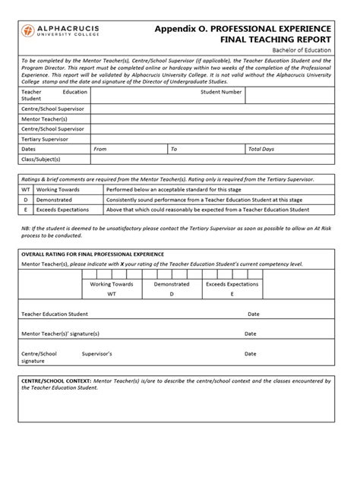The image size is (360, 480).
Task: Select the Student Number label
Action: pos(221,92)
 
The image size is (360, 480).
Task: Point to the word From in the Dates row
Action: pos(99,149)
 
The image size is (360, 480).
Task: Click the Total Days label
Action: pos(261,149)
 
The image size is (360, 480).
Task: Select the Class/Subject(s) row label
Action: pos(41,159)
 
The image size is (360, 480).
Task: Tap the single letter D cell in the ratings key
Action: pos(26,199)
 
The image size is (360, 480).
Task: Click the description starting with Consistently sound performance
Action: pos(204,199)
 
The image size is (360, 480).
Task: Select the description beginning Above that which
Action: pos(207,209)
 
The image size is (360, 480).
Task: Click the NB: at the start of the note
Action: pos(24,227)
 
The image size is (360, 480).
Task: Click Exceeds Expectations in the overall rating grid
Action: pos(232,284)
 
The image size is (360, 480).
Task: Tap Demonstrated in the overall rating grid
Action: pos(172,284)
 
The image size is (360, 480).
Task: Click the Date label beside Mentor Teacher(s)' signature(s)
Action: pos(250,333)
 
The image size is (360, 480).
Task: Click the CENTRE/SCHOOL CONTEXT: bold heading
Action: pos(56,380)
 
